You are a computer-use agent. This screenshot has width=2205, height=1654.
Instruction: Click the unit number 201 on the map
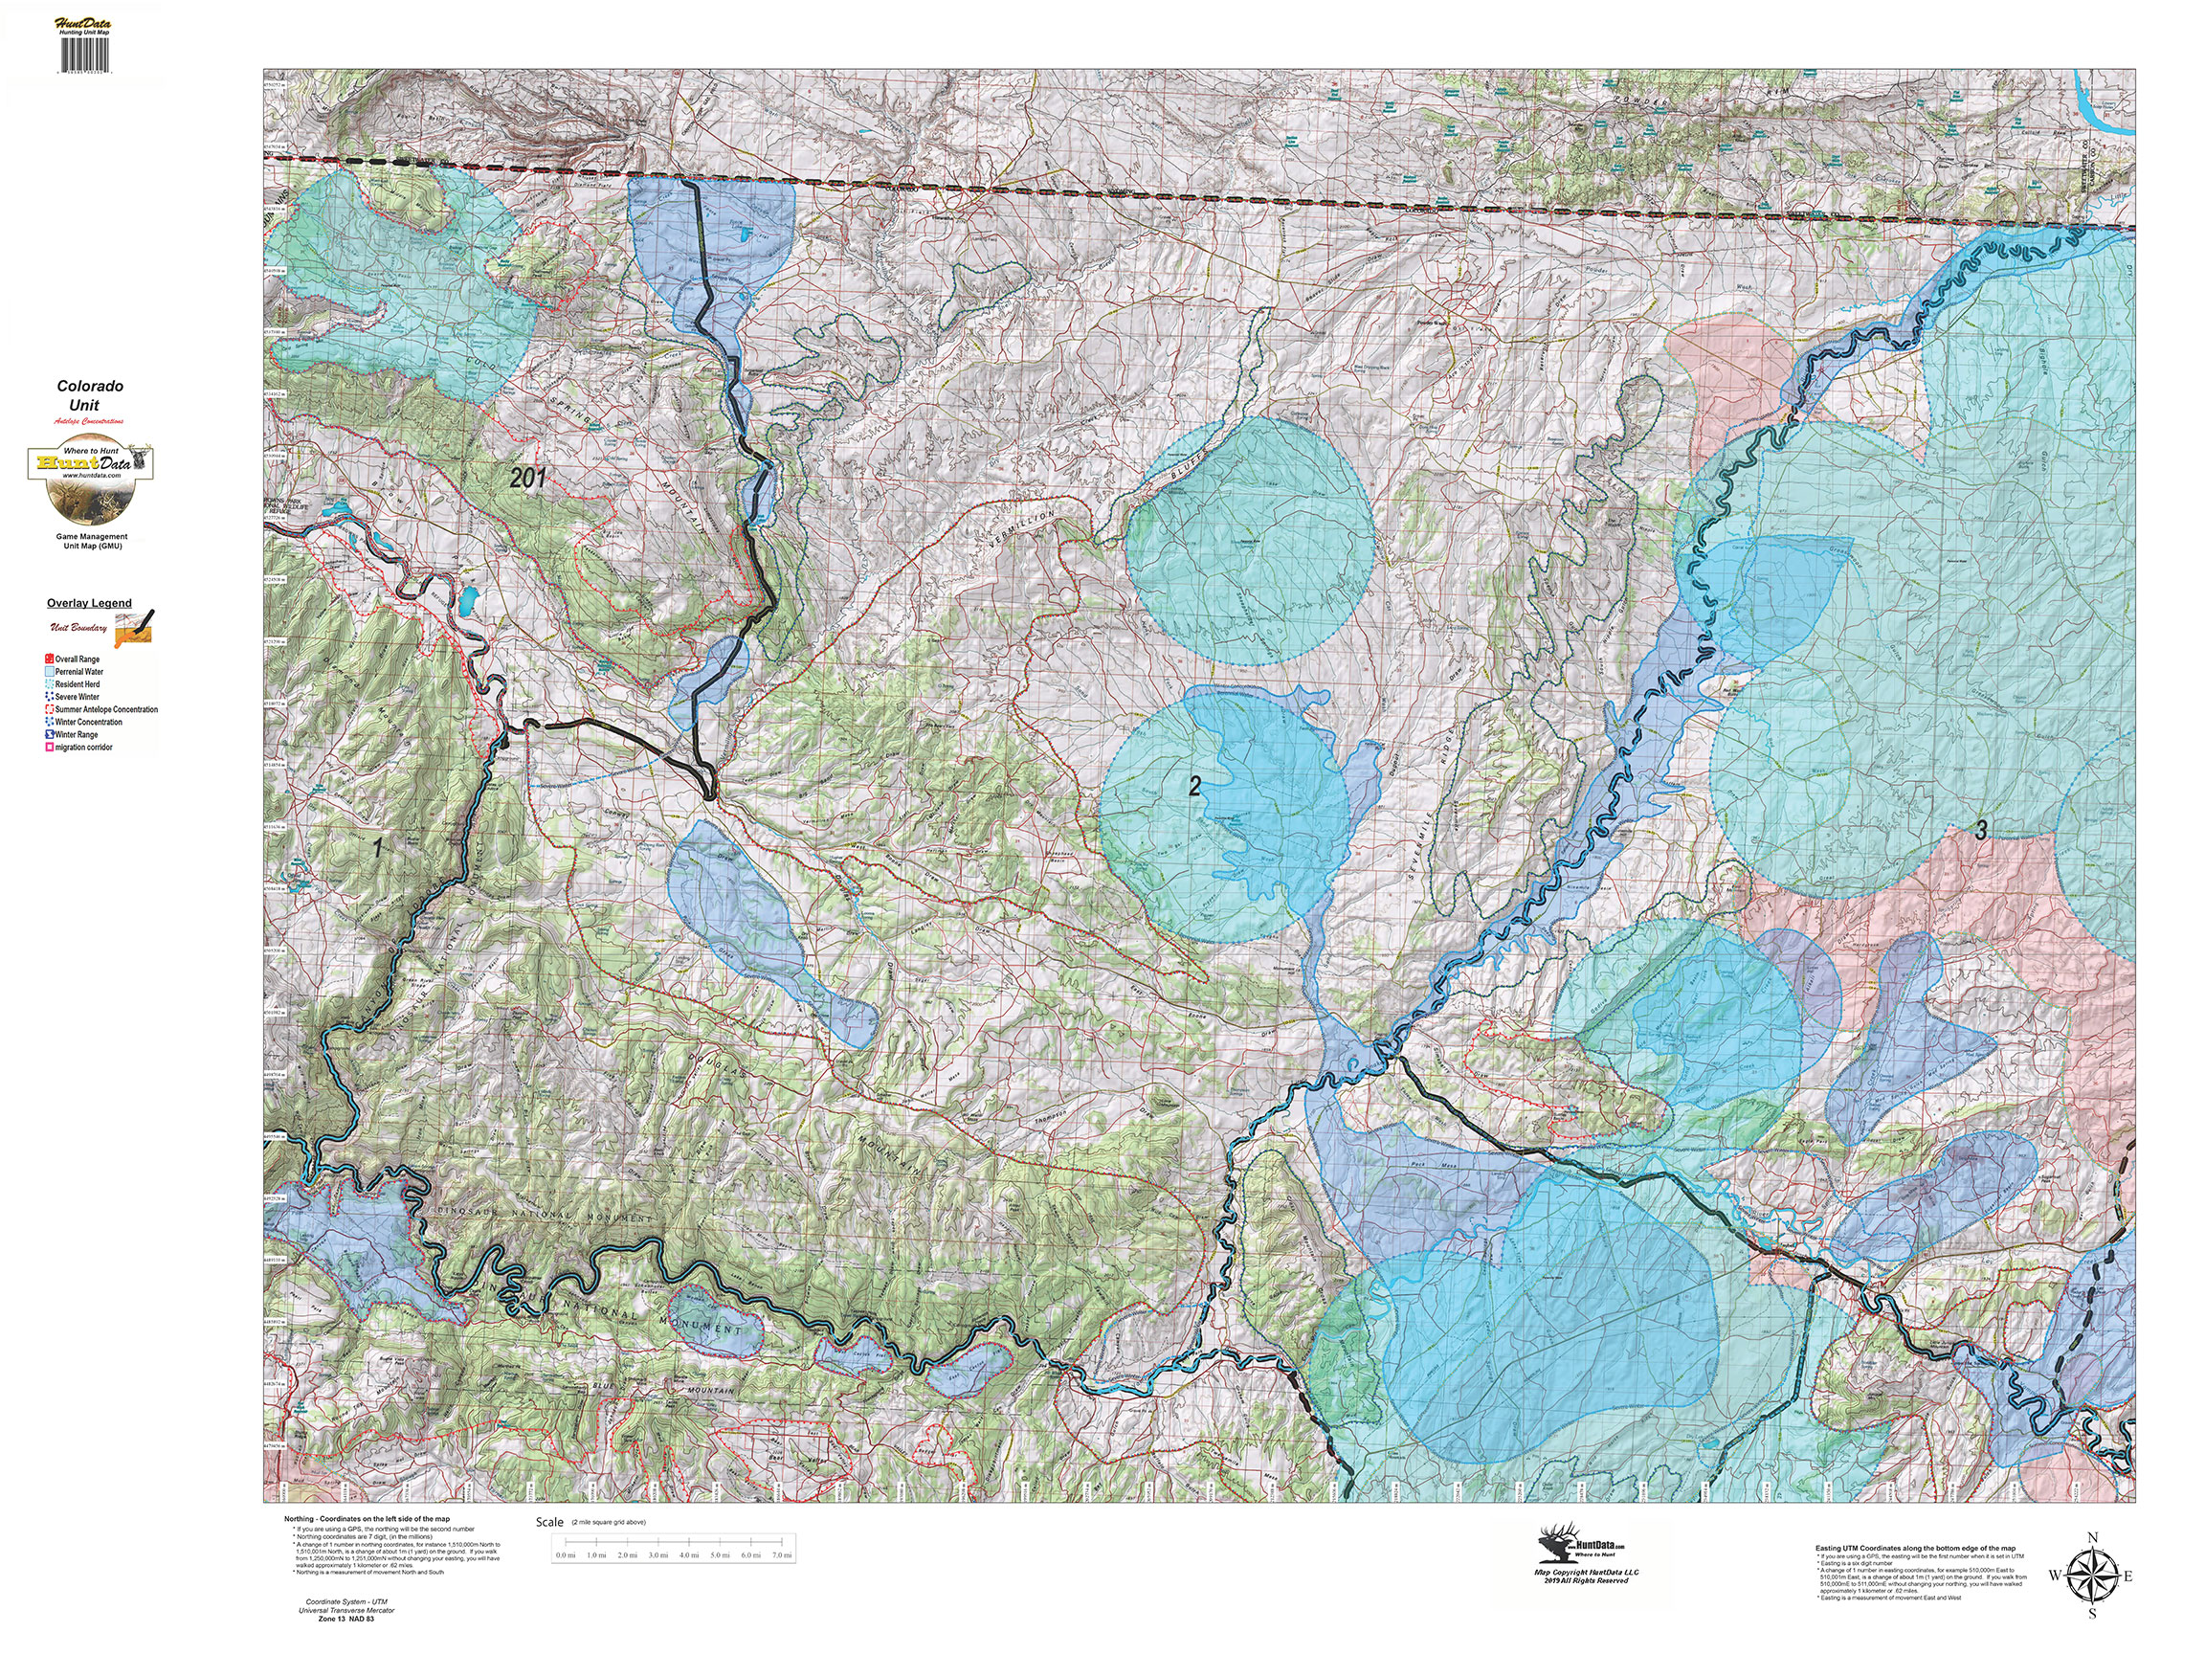[x=527, y=478]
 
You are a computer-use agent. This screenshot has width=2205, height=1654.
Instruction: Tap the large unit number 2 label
[x=1194, y=786]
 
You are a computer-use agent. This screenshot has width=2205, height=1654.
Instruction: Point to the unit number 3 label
[x=1981, y=829]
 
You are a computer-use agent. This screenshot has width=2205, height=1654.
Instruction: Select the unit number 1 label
[x=378, y=847]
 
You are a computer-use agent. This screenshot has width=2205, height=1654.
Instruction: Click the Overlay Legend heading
[x=89, y=603]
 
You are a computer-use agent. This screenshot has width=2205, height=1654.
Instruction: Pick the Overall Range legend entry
[x=77, y=659]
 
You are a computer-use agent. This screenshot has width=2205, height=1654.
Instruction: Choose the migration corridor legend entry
[x=82, y=747]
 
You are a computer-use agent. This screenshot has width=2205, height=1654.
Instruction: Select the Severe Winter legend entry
[x=77, y=697]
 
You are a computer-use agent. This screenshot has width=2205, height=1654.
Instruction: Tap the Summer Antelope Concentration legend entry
[x=105, y=710]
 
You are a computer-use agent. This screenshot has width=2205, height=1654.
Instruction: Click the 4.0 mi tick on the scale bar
[x=689, y=1555]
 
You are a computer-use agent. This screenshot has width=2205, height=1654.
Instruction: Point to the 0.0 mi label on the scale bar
[x=566, y=1555]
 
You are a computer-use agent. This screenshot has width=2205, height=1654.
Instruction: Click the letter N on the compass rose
[x=2091, y=1537]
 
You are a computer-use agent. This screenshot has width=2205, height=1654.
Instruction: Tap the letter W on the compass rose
[x=2055, y=1576]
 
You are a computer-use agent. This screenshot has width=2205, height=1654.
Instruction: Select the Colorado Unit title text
[x=89, y=394]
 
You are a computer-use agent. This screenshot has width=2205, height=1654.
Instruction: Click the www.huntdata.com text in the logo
[x=91, y=476]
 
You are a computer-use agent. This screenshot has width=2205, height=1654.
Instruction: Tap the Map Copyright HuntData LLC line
[x=1585, y=1573]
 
